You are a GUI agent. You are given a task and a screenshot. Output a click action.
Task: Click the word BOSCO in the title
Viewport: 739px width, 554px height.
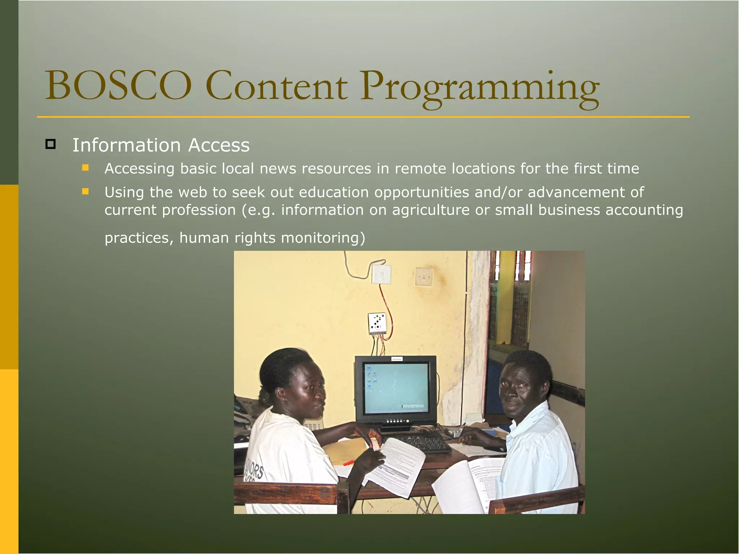[x=118, y=86]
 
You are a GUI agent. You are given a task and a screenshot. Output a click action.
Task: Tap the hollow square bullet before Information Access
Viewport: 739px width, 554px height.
[x=51, y=144]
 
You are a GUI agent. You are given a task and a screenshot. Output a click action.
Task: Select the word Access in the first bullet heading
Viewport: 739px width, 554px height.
[x=219, y=145]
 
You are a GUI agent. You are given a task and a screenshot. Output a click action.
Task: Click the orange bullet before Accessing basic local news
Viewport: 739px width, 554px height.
[x=85, y=168]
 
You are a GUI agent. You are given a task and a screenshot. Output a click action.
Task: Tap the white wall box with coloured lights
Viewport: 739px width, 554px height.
[x=377, y=323]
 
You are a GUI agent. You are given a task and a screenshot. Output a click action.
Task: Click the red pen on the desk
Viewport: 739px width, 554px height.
[x=349, y=463]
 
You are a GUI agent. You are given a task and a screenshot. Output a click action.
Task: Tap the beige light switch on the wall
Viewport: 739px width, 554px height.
[x=424, y=277]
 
